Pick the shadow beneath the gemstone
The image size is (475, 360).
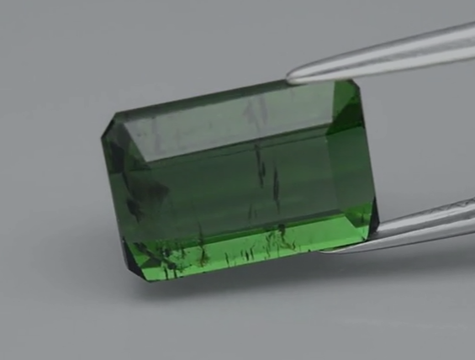(x=252, y=282)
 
